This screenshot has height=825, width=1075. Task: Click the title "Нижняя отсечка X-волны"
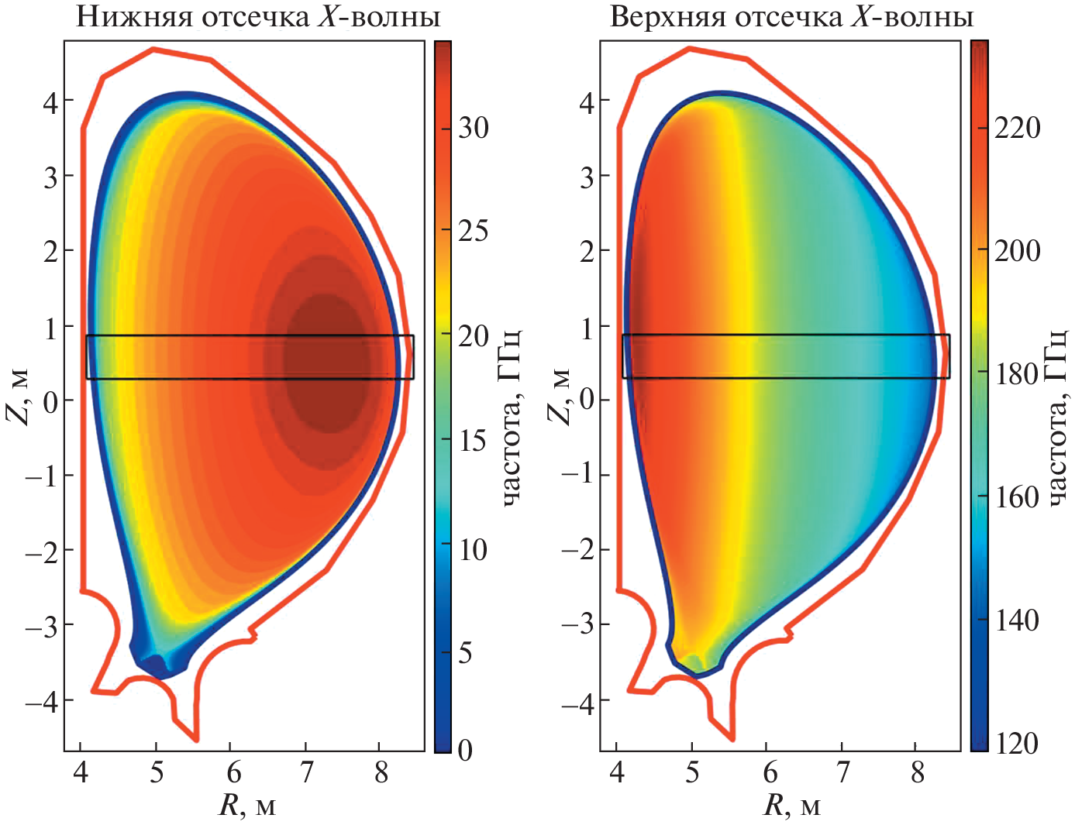tap(258, 17)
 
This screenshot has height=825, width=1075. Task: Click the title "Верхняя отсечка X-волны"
tap(791, 17)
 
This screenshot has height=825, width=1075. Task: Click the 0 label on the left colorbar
tap(465, 750)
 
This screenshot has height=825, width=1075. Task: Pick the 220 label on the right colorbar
tap(1018, 128)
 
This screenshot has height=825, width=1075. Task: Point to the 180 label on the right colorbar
tap(1018, 374)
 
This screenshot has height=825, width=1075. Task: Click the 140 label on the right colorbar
tap(1018, 620)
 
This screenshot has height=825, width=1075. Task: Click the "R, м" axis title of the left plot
tap(247, 806)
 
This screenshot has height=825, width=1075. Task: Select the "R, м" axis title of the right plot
tap(791, 806)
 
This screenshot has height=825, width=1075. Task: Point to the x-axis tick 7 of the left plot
tap(306, 772)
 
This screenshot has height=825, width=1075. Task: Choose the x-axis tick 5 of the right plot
tap(692, 772)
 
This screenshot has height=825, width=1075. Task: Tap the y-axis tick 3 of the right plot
tap(588, 177)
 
